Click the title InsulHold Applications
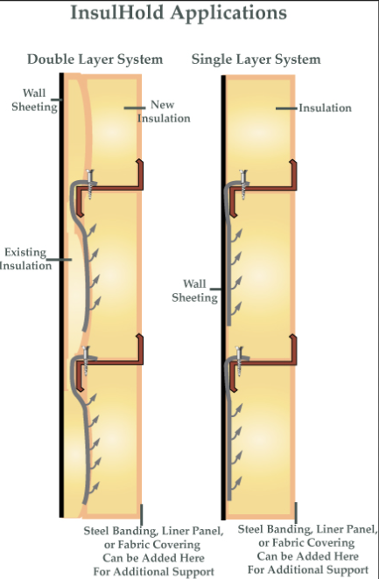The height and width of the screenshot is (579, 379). (x=179, y=13)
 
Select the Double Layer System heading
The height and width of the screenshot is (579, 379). (x=95, y=59)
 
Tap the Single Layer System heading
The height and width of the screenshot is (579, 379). (x=256, y=59)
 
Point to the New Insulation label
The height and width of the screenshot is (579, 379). (x=164, y=112)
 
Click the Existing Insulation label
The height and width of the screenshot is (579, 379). (x=25, y=259)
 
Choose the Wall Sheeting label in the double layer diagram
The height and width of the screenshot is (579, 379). (x=34, y=100)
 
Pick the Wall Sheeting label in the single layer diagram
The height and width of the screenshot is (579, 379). (x=194, y=290)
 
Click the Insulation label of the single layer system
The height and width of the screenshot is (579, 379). (x=325, y=108)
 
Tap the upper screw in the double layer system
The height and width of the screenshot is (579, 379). (x=89, y=185)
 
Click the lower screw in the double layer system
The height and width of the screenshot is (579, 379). (x=86, y=360)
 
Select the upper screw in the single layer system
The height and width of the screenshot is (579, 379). (x=242, y=185)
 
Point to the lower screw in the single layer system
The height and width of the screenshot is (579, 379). (x=239, y=360)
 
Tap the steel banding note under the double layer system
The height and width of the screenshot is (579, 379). (x=154, y=551)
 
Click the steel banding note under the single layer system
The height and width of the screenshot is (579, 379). (x=308, y=549)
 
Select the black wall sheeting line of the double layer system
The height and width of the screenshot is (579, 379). (x=61, y=295)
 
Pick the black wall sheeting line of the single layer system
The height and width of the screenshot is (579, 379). (x=223, y=297)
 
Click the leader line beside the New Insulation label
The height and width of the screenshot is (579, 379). (x=135, y=108)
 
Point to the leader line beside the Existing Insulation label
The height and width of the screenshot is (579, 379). (x=60, y=260)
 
